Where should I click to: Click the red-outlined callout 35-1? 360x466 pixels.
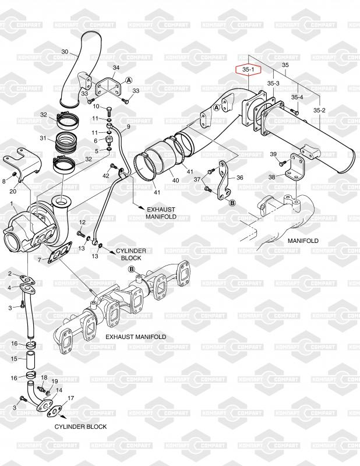point(248,70)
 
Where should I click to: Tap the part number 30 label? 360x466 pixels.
point(65,52)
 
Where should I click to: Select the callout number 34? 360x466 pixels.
point(116,68)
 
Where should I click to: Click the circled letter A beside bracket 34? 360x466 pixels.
point(128,80)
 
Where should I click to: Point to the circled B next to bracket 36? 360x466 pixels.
point(232,203)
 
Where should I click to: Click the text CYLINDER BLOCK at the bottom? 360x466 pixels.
point(80,426)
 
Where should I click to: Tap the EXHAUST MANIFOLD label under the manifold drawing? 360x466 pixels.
point(136,337)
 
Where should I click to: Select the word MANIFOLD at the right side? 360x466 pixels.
point(303,241)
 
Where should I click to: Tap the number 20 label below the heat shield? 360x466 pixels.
point(13,191)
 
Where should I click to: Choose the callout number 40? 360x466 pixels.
point(176,180)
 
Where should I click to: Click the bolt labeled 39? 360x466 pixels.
point(282,163)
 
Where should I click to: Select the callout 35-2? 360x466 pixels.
point(319,110)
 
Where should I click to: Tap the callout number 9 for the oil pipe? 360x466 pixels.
point(128,127)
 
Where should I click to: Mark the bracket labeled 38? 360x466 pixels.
point(295,167)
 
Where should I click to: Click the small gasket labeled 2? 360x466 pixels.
point(27,279)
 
